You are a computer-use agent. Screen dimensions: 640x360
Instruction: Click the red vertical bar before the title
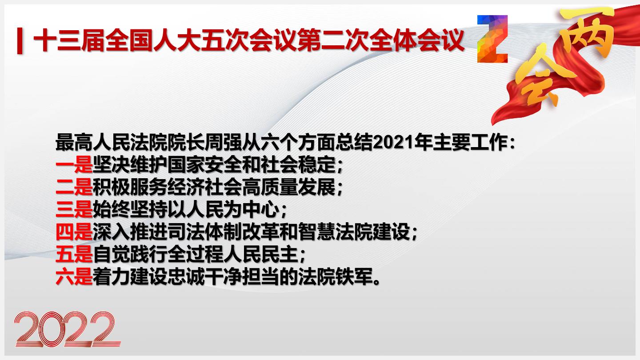20,40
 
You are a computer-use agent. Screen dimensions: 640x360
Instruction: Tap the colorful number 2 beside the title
492,39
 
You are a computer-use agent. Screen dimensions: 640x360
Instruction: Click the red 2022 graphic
68,329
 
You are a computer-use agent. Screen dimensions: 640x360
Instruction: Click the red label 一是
74,165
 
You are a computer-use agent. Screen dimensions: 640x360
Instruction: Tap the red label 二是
74,188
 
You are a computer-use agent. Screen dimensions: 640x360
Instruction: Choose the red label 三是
74,210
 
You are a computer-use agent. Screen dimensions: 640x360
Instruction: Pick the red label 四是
74,232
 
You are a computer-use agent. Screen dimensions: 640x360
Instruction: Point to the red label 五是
74,255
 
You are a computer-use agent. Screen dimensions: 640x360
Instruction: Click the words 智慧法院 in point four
336,232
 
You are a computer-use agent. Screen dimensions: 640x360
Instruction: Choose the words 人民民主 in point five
261,255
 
